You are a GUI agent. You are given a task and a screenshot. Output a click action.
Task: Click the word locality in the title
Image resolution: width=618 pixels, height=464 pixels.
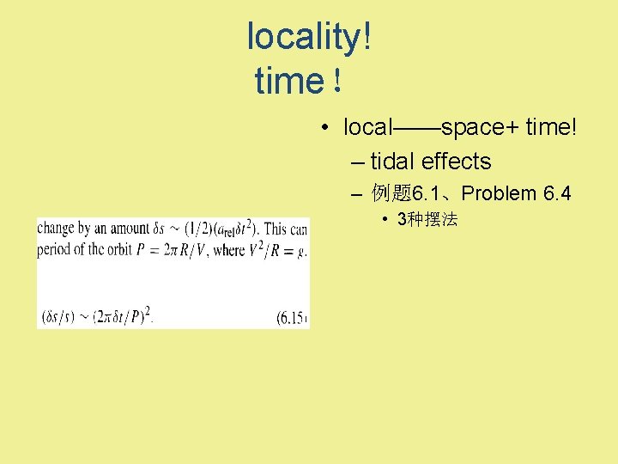(304, 37)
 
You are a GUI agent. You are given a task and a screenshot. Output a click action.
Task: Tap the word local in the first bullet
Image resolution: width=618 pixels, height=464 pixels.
(367, 128)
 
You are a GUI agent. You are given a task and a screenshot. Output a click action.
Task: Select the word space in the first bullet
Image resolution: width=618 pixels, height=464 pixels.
(471, 128)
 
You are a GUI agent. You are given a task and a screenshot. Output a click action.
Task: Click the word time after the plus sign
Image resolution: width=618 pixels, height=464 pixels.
(550, 128)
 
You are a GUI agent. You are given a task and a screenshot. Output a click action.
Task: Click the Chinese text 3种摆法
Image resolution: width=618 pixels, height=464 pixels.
(427, 220)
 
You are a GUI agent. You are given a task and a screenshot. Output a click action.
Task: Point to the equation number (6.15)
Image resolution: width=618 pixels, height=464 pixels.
(292, 317)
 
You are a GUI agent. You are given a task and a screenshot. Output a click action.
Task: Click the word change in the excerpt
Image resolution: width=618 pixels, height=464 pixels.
(56, 229)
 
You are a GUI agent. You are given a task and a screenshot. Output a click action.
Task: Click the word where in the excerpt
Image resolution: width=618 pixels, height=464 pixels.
(229, 251)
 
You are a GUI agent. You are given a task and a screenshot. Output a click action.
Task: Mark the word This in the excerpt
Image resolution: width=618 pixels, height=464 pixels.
(276, 229)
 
